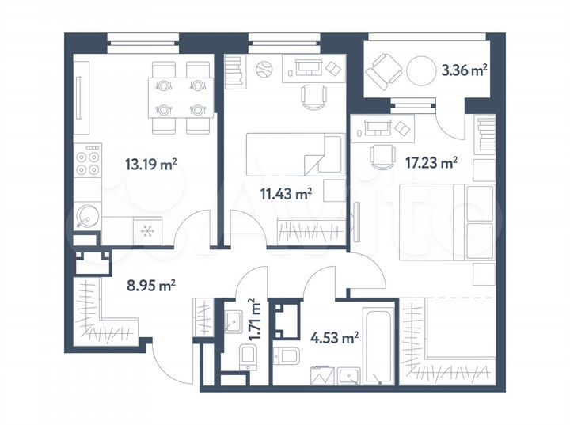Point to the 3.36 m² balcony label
pos(463,70)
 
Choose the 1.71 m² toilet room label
pos(253,319)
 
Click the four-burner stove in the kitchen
pos(87,162)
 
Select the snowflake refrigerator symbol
pos(147,230)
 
